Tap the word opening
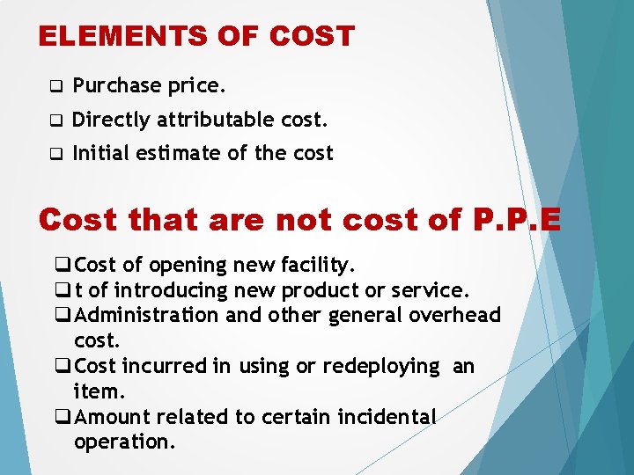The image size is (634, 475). click(x=187, y=265)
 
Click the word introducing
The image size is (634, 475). click(x=170, y=290)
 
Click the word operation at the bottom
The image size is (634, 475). click(x=124, y=442)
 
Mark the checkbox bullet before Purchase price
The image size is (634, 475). click(x=55, y=87)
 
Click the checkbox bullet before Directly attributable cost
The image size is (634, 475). click(x=55, y=121)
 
